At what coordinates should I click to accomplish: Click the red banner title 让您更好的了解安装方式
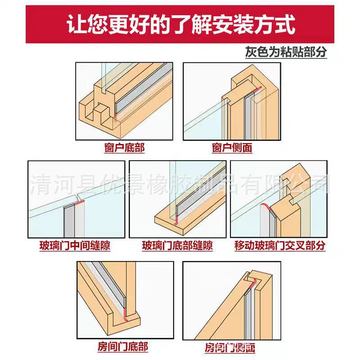coord(180,24)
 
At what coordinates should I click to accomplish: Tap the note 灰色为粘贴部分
coord(286,52)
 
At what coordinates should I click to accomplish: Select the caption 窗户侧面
coord(232,148)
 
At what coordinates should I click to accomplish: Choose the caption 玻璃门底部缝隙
coord(177,246)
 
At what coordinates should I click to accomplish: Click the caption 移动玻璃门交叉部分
coord(279,246)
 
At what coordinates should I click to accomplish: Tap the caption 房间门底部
coord(122,347)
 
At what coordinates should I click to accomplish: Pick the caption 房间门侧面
coord(230,348)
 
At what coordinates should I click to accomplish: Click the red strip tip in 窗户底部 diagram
coord(116,117)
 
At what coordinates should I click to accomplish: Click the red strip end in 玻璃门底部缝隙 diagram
coord(176,219)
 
